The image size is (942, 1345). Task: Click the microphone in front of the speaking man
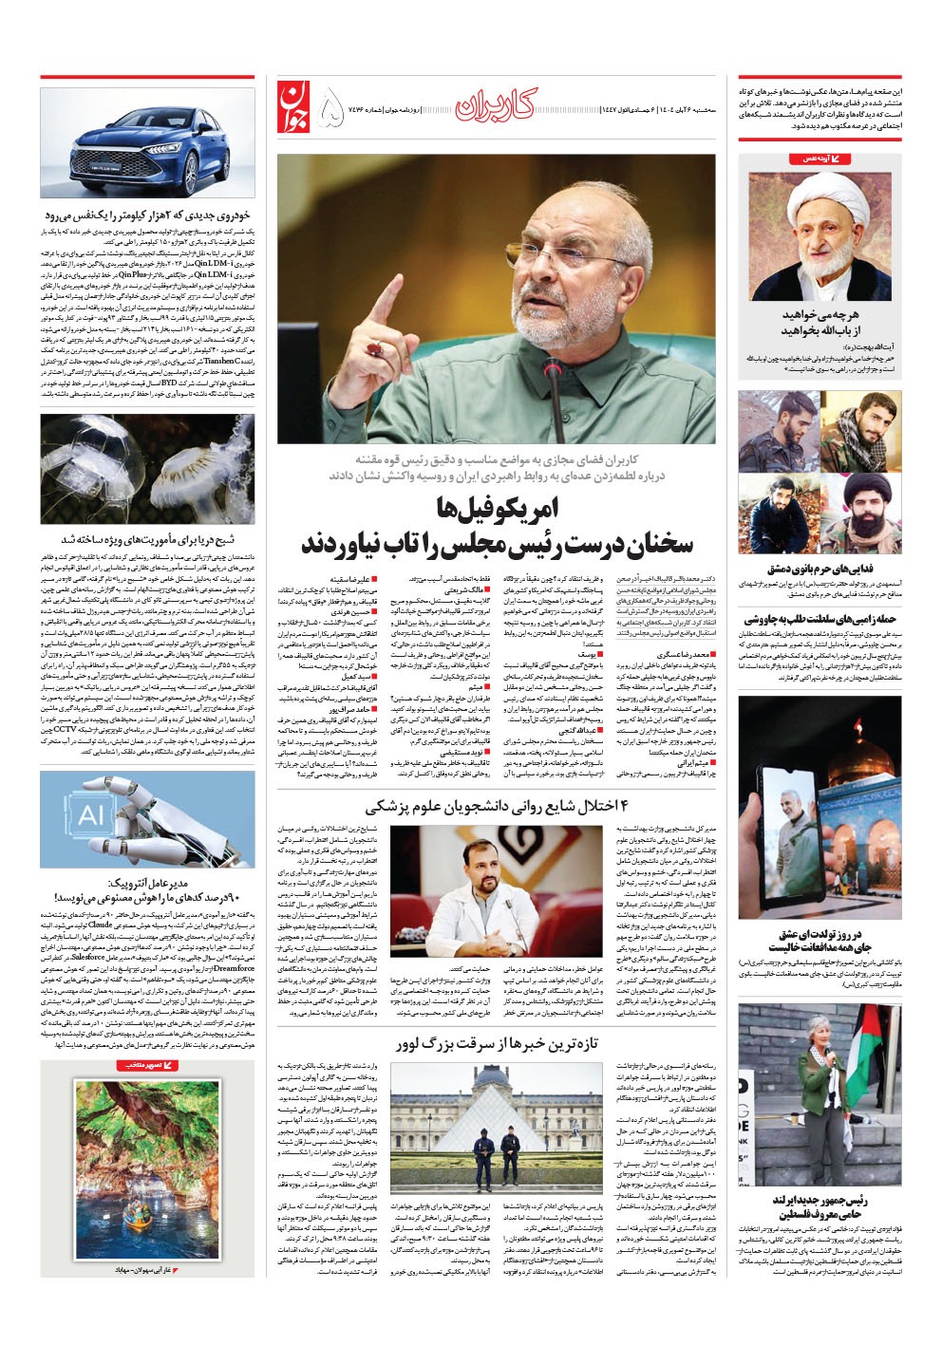tap(552, 389)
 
